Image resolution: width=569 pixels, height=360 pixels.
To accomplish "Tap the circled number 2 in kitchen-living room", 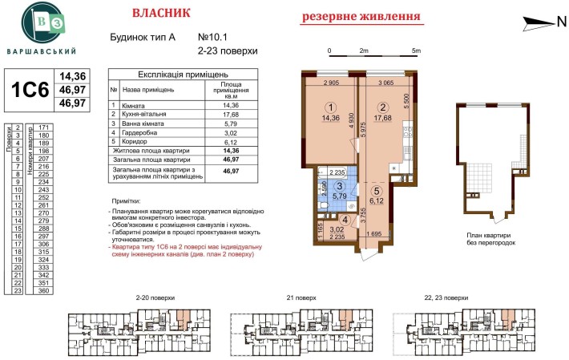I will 383,107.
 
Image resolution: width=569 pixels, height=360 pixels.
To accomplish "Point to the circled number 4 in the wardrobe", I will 344,220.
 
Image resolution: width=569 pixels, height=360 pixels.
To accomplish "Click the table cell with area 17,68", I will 231,115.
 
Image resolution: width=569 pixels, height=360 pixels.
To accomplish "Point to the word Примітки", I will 127,201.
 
